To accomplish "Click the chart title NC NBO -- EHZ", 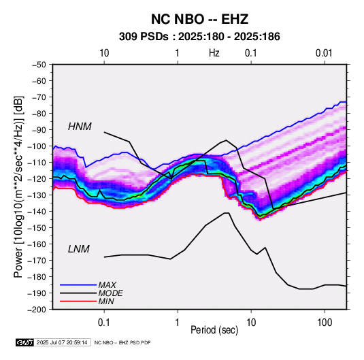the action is [x=199, y=19].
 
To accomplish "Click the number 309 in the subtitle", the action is [x=127, y=37].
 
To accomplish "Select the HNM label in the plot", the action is [x=80, y=127].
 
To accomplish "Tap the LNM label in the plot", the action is [x=79, y=249].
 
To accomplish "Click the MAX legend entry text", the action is [x=107, y=285].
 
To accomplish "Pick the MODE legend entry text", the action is [x=110, y=293].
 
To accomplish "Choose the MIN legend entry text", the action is [x=106, y=301].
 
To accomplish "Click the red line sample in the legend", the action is [x=78, y=301].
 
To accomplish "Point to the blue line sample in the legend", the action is [x=78, y=285].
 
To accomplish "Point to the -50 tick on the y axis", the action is [x=39, y=65].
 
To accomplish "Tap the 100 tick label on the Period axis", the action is [x=325, y=323].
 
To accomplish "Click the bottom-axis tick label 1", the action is [x=177, y=323].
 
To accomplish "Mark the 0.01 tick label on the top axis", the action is [x=324, y=53].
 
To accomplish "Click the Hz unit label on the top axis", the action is [x=214, y=53].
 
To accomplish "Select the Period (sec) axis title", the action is [x=214, y=330].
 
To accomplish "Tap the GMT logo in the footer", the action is [x=25, y=342].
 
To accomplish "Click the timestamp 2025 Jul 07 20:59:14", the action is [x=62, y=342].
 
